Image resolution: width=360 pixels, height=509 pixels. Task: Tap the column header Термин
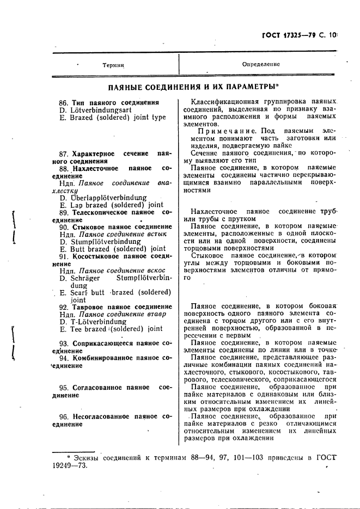point(113,65)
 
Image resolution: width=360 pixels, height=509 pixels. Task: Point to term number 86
point(64,102)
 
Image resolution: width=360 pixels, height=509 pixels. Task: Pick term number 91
point(64,256)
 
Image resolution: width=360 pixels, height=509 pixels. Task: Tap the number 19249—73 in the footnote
point(69,466)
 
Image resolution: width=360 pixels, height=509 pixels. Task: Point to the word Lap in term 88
point(76,205)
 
